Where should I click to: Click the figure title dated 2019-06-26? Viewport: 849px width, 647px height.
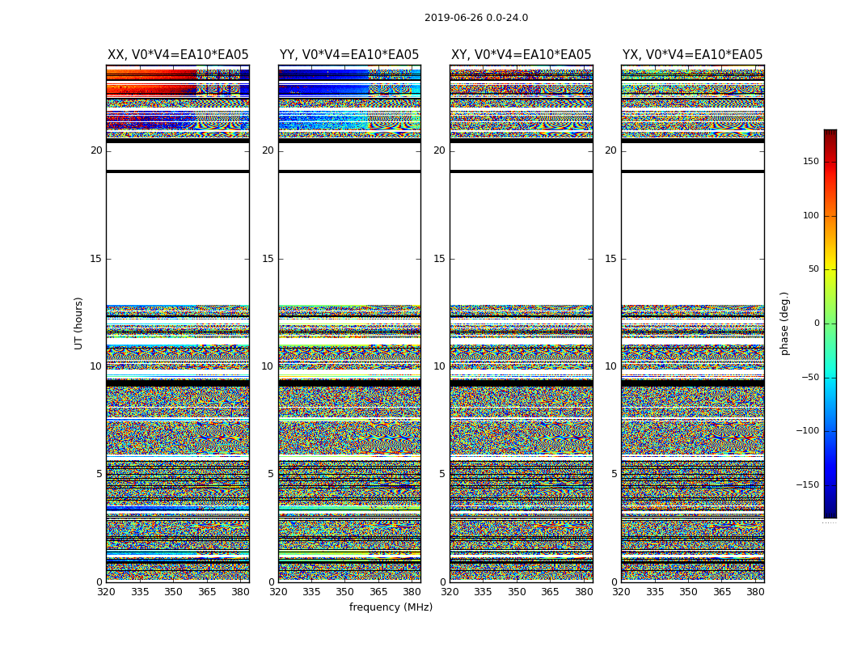point(475,18)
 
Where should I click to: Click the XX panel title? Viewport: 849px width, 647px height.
point(178,55)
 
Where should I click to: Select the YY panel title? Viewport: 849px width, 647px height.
point(349,55)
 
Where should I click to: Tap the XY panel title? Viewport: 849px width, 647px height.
point(521,55)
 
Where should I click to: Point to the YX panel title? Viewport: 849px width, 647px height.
point(692,55)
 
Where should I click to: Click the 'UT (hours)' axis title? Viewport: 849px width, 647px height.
point(78,323)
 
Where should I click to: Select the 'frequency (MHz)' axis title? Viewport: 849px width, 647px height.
point(391,607)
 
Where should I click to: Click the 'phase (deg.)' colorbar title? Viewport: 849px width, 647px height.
point(784,323)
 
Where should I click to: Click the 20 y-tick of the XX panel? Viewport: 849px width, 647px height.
point(96,150)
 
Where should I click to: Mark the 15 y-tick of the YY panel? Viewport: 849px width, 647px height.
point(268,259)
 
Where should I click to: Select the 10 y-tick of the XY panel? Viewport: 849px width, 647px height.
point(439,366)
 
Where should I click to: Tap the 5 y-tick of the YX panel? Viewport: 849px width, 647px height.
point(614,474)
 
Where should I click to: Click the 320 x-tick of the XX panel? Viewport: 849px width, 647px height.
point(106,592)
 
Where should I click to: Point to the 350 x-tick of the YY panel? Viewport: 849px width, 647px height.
point(345,592)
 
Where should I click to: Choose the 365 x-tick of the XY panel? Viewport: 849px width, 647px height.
point(550,592)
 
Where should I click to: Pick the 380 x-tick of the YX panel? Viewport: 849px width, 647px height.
point(755,592)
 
